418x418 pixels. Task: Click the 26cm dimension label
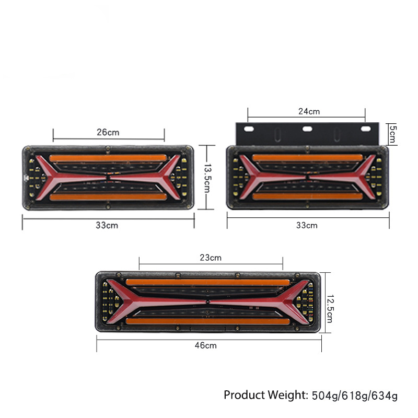pyautogui.click(x=108, y=132)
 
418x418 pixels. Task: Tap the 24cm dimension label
pyautogui.click(x=309, y=111)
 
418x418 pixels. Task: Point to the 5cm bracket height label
pyautogui.click(x=393, y=134)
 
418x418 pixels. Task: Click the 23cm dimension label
pyautogui.click(x=211, y=258)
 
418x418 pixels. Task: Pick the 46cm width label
pyautogui.click(x=205, y=345)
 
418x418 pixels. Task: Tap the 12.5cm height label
pyautogui.click(x=330, y=309)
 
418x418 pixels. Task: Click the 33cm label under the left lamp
pyautogui.click(x=107, y=225)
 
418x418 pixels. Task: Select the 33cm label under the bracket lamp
pyautogui.click(x=307, y=226)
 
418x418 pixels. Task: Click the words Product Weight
pyautogui.click(x=266, y=395)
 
